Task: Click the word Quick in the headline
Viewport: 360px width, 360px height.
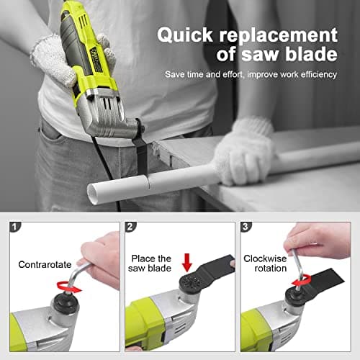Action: [x=185, y=36]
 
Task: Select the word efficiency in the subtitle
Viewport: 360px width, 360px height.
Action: [x=318, y=75]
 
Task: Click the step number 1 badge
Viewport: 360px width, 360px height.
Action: [x=15, y=227]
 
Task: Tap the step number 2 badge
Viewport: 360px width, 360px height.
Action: [x=130, y=227]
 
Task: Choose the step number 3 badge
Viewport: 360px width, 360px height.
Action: [x=246, y=227]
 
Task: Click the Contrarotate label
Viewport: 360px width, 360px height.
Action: [x=45, y=264]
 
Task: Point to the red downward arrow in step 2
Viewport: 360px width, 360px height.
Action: [x=187, y=262]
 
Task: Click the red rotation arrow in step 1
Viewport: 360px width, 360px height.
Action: [x=69, y=287]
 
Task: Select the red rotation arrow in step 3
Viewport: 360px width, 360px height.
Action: [x=301, y=281]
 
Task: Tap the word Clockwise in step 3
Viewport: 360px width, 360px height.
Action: [x=265, y=258]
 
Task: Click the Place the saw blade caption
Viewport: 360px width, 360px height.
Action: [x=150, y=264]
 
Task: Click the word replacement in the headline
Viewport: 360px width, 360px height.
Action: [x=279, y=36]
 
